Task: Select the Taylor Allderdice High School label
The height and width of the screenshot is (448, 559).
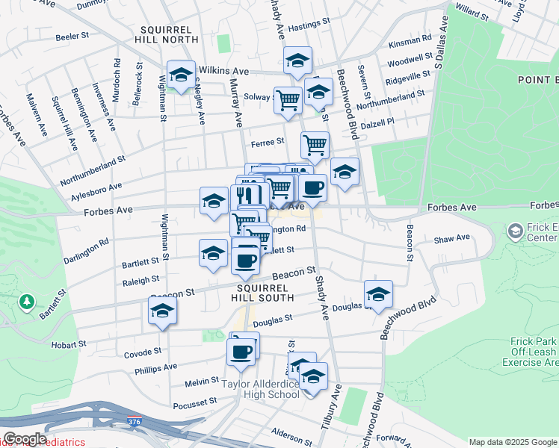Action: (261, 389)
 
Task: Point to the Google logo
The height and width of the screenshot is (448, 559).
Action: (24, 438)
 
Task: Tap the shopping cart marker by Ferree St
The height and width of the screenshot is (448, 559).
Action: (315, 143)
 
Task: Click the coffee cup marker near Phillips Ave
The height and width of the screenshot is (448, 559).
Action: (241, 351)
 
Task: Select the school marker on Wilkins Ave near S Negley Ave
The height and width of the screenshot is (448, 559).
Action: (180, 74)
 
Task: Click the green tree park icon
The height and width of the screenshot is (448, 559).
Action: (28, 301)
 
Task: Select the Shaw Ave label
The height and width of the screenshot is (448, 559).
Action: (452, 238)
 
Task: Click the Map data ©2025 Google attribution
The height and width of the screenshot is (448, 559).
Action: (513, 442)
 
